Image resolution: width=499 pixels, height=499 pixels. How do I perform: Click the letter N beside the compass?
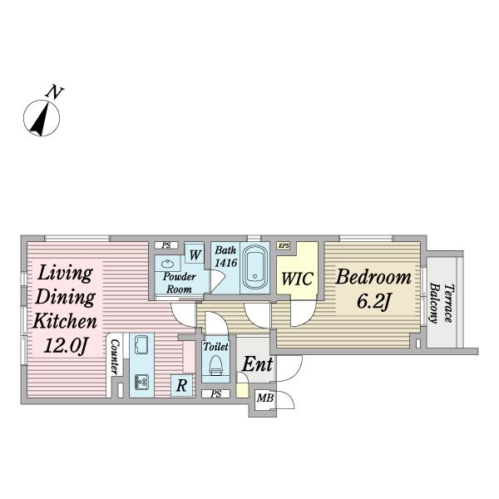pyautogui.click(x=55, y=92)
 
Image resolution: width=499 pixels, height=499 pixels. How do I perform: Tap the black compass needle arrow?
pyautogui.click(x=40, y=119)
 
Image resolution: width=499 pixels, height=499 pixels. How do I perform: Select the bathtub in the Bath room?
pyautogui.click(x=254, y=267)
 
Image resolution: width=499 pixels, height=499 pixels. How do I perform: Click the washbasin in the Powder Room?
pyautogui.click(x=167, y=264)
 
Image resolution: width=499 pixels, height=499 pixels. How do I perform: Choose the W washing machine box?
pyautogui.click(x=195, y=254)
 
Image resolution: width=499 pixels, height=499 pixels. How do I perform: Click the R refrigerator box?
pyautogui.click(x=182, y=385)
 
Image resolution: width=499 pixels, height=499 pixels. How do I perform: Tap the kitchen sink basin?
pyautogui.click(x=141, y=344)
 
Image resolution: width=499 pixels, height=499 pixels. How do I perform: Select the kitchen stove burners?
pyautogui.click(x=141, y=382)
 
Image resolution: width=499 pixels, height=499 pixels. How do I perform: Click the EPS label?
pyautogui.click(x=284, y=245)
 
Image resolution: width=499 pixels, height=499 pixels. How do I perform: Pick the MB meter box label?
pyautogui.click(x=265, y=398)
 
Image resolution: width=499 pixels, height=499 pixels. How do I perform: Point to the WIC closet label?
pyautogui.click(x=298, y=279)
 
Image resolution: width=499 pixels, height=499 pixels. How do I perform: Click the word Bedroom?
pyautogui.click(x=373, y=277)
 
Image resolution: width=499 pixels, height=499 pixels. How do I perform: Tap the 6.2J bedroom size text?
pyautogui.click(x=373, y=301)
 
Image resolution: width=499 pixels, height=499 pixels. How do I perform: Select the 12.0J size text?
pyautogui.click(x=66, y=345)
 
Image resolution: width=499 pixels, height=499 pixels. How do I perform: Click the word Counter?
pyautogui.click(x=115, y=357)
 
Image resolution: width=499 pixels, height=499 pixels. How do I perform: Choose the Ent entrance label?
pyautogui.click(x=257, y=364)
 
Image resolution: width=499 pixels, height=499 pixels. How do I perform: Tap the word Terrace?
pyautogui.click(x=448, y=304)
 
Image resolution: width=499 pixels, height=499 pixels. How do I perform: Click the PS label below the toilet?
pyautogui.click(x=215, y=394)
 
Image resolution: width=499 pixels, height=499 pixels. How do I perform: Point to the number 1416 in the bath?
pyautogui.click(x=226, y=263)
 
